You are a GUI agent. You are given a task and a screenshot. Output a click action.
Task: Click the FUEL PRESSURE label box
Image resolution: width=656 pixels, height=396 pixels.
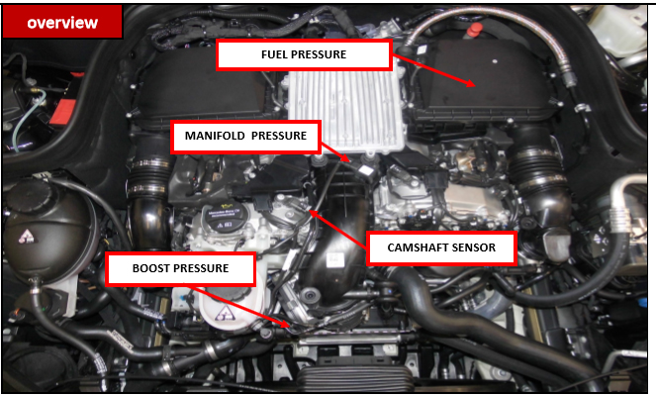(304, 54)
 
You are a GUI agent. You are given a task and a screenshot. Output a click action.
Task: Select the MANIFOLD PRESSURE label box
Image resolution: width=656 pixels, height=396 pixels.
(246, 136)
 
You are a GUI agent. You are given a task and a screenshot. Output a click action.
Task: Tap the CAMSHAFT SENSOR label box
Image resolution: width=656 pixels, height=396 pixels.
(441, 247)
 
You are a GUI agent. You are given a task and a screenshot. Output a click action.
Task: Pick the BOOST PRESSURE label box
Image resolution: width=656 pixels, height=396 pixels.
(180, 268)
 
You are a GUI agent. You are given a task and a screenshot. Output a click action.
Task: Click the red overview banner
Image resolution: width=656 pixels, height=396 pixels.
(62, 22)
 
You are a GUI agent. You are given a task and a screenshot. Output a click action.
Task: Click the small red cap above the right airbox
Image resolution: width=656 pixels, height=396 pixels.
(474, 30)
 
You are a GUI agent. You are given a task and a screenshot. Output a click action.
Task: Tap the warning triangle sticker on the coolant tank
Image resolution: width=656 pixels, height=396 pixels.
(28, 237)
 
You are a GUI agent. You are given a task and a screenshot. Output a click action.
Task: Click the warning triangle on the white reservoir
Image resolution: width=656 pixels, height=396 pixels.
(226, 313)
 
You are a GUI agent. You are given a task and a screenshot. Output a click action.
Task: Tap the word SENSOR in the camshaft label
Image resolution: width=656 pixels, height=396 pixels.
(475, 247)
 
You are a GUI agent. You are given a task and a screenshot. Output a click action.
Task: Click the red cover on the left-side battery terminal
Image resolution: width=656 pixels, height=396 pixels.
(63, 112)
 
